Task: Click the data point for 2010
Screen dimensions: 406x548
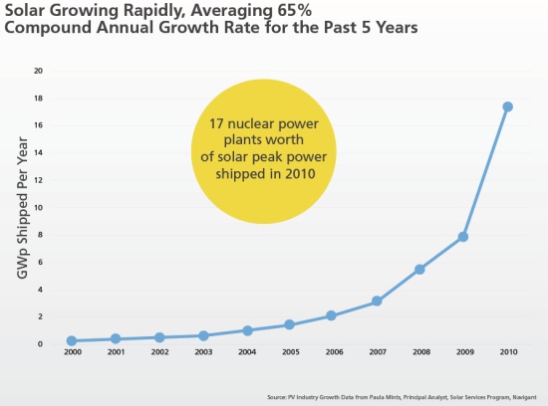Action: [507, 106]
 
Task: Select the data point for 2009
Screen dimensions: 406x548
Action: [463, 237]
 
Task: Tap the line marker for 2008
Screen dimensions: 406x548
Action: [419, 269]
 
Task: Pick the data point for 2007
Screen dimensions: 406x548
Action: [376, 301]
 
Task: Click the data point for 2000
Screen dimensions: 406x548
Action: [72, 340]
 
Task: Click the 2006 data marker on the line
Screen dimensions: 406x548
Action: [333, 315]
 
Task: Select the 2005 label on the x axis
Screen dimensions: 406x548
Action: [289, 353]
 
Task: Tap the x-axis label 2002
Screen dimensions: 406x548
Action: [158, 353]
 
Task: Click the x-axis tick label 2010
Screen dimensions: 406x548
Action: [507, 353]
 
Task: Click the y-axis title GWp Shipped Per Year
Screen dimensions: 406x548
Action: [19, 206]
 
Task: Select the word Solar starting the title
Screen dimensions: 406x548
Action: [28, 10]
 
